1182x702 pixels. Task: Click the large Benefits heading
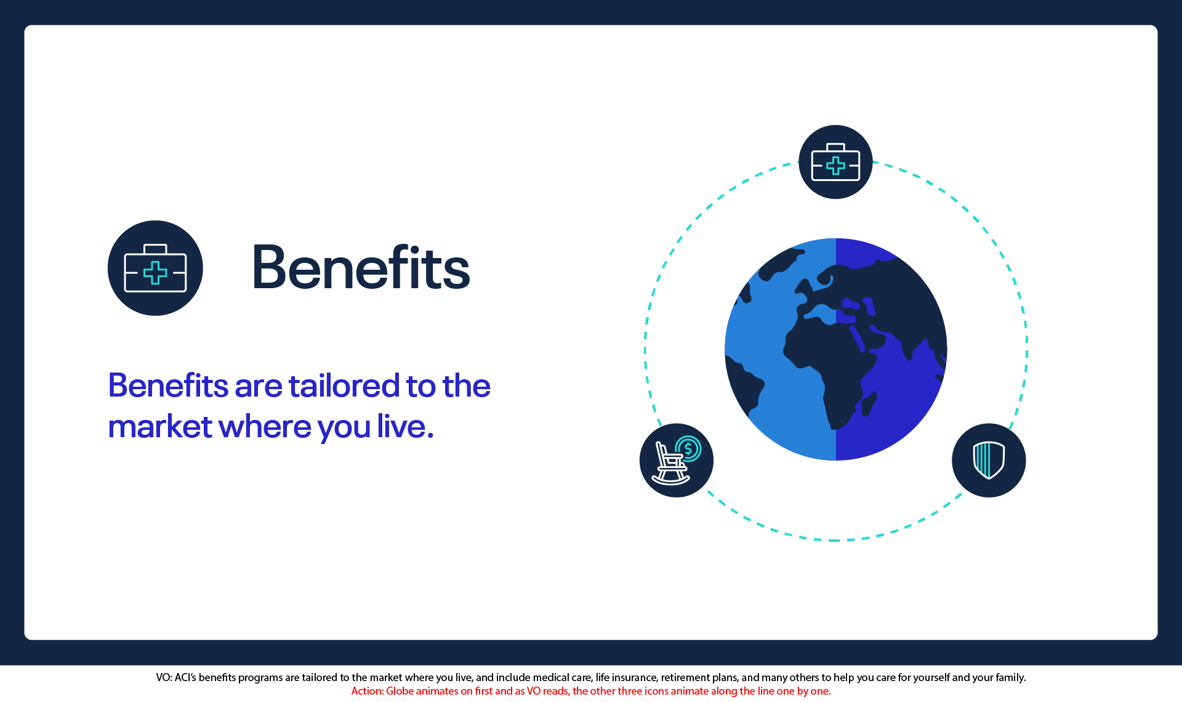[x=361, y=268]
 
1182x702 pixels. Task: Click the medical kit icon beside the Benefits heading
[x=155, y=268]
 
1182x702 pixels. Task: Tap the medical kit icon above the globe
[x=835, y=162]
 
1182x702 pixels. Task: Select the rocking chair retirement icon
[x=677, y=460]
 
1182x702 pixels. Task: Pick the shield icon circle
[x=989, y=460]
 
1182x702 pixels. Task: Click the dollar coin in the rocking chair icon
[x=689, y=448]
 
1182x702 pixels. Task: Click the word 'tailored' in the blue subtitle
[x=344, y=386]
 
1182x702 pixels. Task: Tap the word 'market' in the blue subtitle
[x=160, y=427]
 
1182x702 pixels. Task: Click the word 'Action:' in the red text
[x=368, y=691]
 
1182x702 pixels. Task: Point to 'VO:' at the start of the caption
[x=164, y=677]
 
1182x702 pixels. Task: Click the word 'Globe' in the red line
[x=400, y=691]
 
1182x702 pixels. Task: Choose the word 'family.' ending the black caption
[x=1010, y=678]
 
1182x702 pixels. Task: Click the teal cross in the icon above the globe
[x=835, y=166]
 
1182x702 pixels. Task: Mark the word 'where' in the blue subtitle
[x=265, y=427]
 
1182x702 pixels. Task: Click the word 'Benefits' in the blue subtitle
[x=168, y=385]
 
